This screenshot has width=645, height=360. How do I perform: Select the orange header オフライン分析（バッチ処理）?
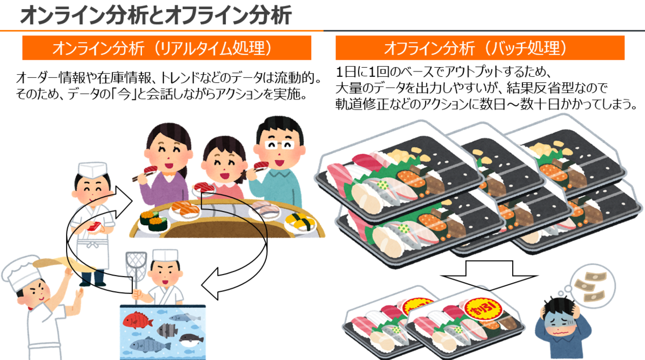pyautogui.click(x=479, y=49)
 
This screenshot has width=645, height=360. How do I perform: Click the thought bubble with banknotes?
pyautogui.click(x=590, y=287)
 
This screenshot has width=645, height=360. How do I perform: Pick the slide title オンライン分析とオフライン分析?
pyautogui.click(x=156, y=15)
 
